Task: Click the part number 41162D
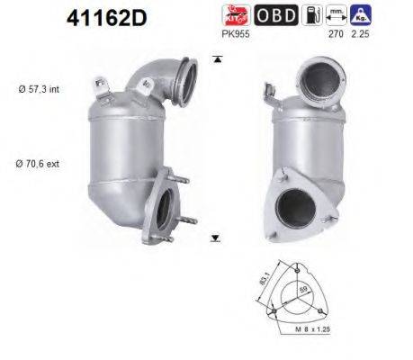[x=104, y=18]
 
